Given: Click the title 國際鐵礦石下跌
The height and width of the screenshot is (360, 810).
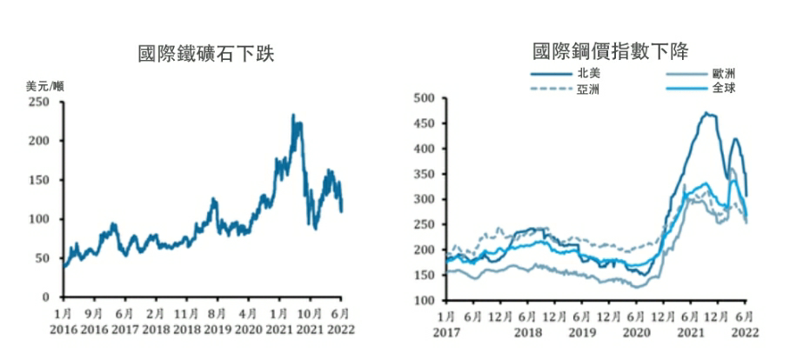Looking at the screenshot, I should click(206, 54).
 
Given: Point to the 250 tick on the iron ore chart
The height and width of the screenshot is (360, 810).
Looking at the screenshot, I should click(39, 102).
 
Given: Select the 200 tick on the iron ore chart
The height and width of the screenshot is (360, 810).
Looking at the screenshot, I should click(39, 141).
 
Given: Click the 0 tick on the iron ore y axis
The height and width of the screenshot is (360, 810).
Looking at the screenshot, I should click(45, 297).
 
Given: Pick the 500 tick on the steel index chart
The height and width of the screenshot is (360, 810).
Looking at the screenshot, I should click(423, 98).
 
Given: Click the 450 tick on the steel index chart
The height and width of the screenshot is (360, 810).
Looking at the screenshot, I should click(423, 123).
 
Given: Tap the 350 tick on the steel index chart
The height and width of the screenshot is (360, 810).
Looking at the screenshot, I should click(423, 174).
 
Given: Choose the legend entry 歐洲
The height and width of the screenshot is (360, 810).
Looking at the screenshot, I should click(723, 74).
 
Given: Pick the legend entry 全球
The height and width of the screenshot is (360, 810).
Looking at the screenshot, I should click(723, 89).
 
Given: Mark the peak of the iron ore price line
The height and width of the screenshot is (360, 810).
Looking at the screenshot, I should click(293, 115).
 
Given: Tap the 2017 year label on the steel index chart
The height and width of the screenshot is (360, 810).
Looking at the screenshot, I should click(445, 331).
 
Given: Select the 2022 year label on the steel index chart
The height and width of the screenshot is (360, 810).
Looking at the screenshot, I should click(746, 331).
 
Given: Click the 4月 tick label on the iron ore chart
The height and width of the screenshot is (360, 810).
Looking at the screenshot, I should click(248, 314).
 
